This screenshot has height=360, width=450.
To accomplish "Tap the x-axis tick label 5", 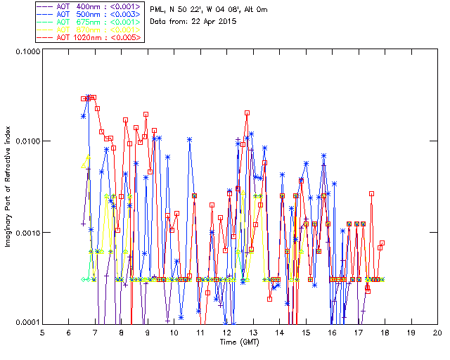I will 42,333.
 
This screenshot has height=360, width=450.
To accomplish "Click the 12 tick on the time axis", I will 227,333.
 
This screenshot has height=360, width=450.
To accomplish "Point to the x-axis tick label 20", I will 437,333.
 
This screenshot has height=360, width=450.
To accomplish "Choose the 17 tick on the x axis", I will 359,333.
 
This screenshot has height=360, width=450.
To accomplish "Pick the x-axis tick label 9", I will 148,333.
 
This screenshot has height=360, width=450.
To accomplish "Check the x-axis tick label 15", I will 306,333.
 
